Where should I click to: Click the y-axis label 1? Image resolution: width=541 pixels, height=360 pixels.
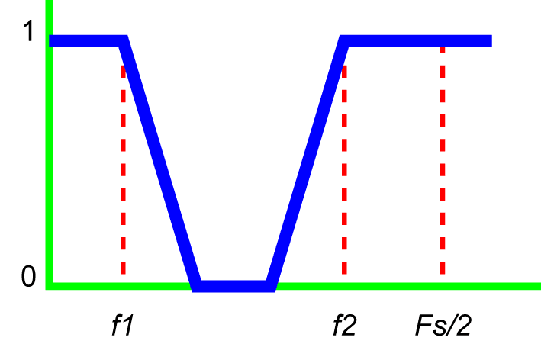(28, 31)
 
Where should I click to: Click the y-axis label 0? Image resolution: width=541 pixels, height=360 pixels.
(28, 276)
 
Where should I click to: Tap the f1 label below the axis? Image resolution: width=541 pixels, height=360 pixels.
(123, 325)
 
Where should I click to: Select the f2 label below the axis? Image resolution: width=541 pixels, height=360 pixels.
(344, 325)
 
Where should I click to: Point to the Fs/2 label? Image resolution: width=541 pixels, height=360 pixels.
(443, 325)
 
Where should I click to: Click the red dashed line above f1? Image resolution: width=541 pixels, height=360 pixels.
(123, 169)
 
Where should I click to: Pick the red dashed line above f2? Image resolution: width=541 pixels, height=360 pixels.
(344, 169)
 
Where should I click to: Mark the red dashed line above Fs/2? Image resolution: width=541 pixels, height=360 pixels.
(443, 161)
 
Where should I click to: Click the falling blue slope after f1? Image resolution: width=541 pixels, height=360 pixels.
(159, 164)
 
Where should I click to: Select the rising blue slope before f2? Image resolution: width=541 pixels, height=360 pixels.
(307, 164)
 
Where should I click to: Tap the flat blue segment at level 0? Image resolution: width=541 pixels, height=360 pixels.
(233, 286)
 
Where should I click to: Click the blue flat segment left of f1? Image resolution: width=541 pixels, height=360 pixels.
(86, 41)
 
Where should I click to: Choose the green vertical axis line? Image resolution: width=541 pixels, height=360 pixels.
(49, 145)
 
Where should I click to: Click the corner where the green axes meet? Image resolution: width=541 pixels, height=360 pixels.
(49, 286)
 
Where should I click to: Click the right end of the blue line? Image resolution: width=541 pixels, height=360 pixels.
(491, 41)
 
